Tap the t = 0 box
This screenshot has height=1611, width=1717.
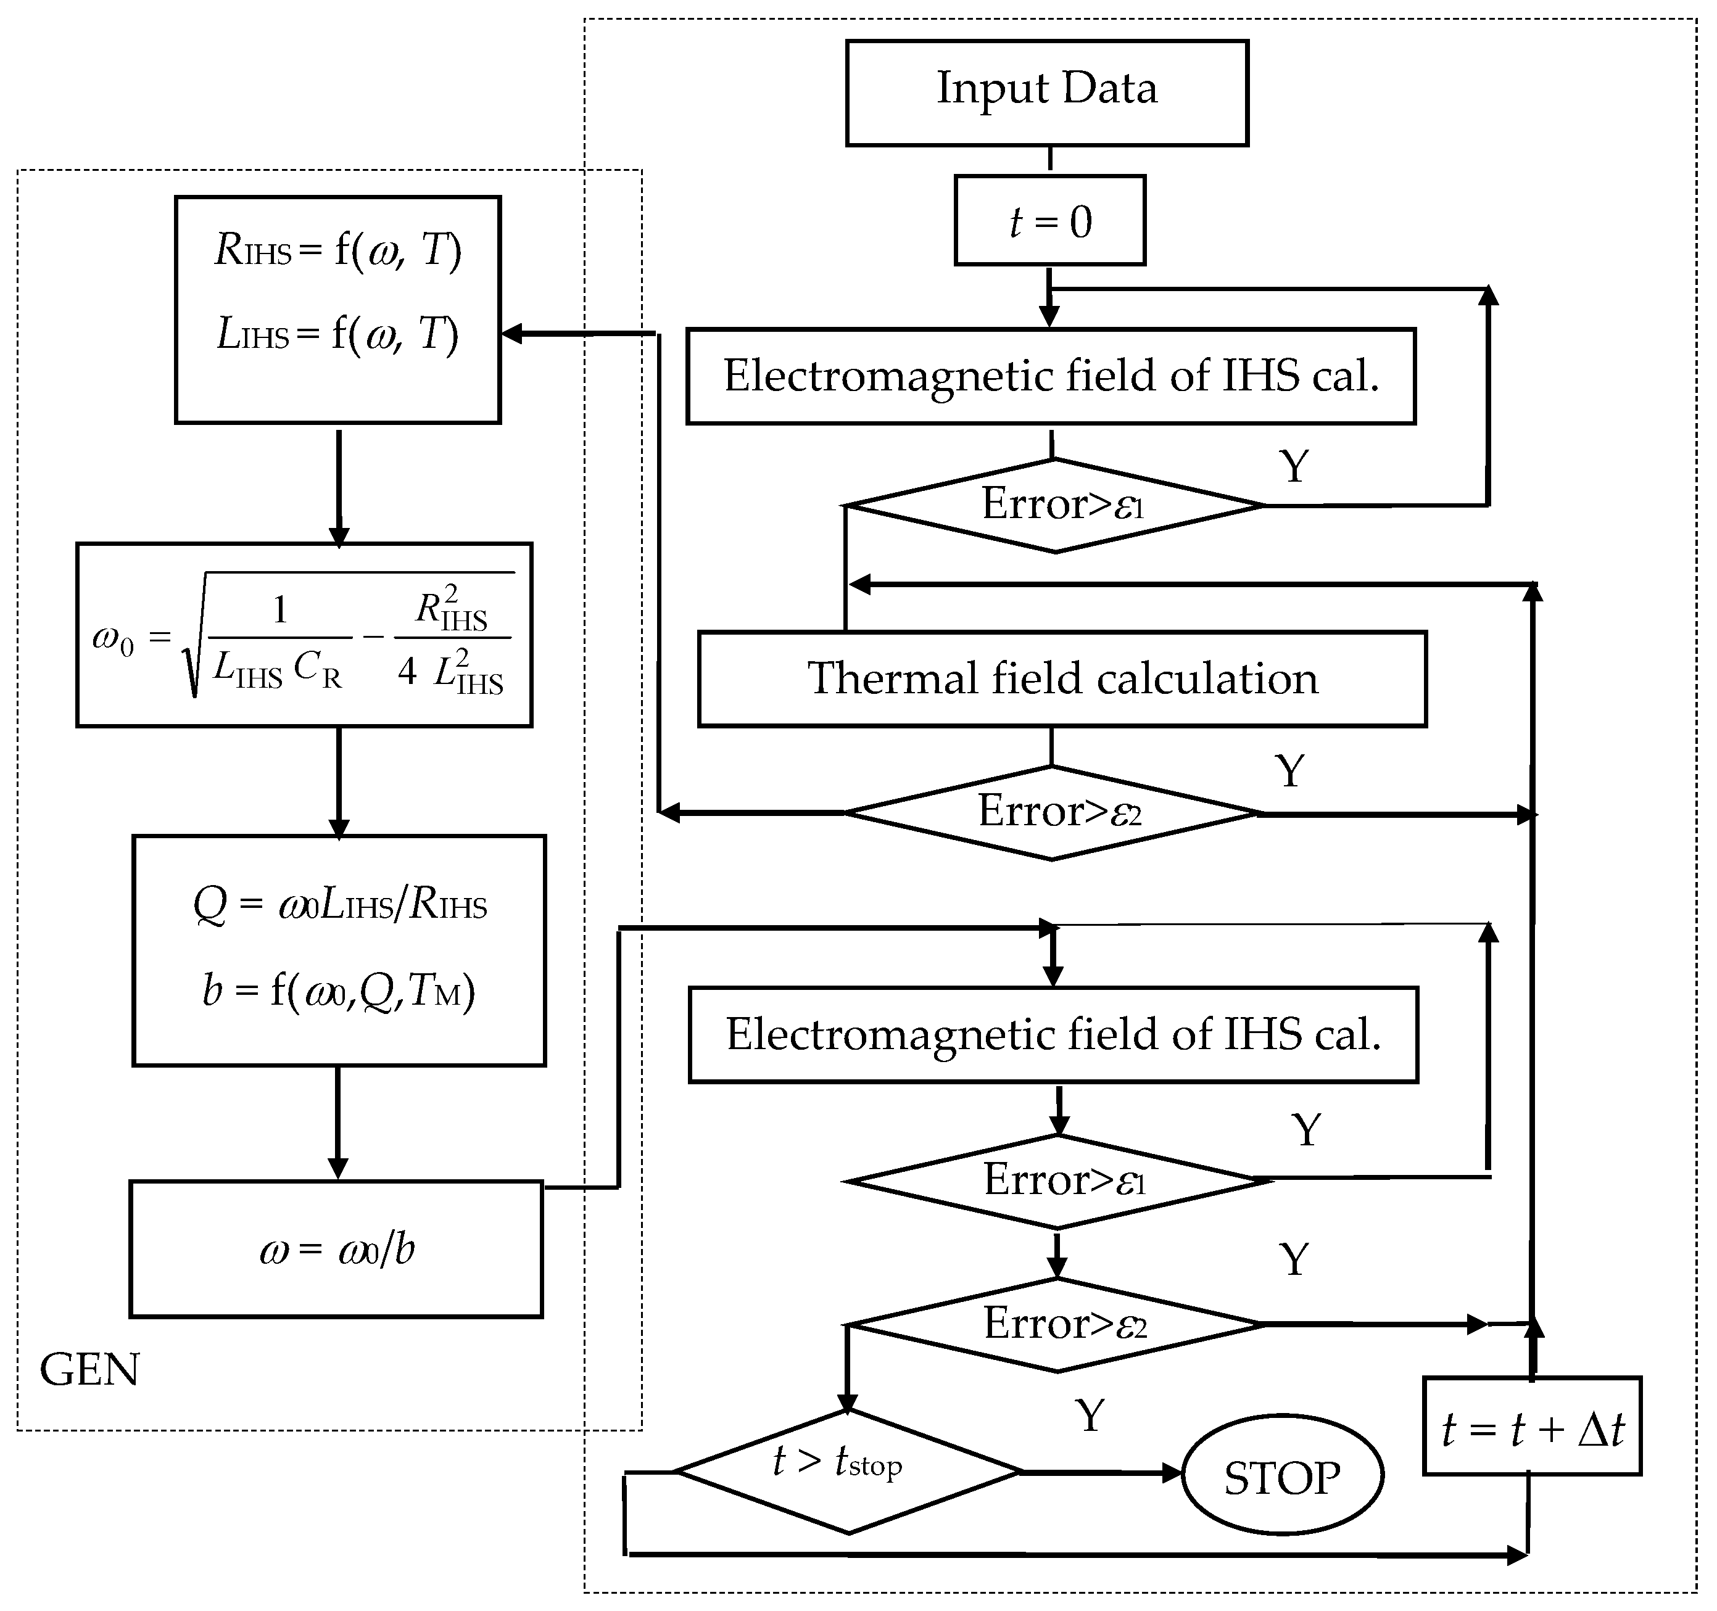pos(1049,221)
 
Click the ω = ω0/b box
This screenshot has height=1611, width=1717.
pos(336,1249)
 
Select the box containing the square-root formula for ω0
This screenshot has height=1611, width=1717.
pos(304,635)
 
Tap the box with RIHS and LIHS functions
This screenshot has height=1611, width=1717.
pos(337,309)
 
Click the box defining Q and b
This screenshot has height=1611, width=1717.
pos(339,950)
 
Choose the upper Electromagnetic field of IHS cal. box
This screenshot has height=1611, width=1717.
pos(1050,376)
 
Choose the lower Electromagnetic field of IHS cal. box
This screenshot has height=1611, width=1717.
pos(1053,1034)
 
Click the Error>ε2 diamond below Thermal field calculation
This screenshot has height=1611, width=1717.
pos(1053,812)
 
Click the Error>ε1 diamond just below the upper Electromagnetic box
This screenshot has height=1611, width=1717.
pos(1056,505)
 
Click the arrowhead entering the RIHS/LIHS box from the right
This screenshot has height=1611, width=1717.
pos(511,333)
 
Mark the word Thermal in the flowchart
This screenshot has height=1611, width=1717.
pos(888,678)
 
